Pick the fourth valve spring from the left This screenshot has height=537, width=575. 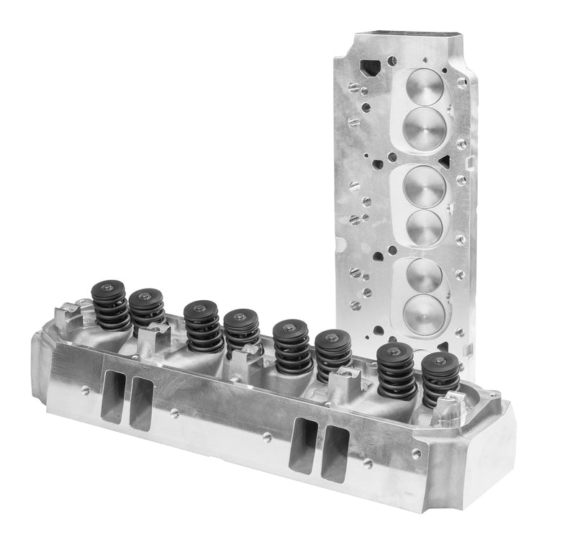coord(242,333)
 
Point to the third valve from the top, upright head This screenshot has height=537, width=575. coord(425,185)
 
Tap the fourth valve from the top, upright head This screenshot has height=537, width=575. coord(425,227)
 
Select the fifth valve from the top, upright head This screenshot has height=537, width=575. coord(425,274)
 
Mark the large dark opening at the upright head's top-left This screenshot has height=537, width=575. coord(371,69)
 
